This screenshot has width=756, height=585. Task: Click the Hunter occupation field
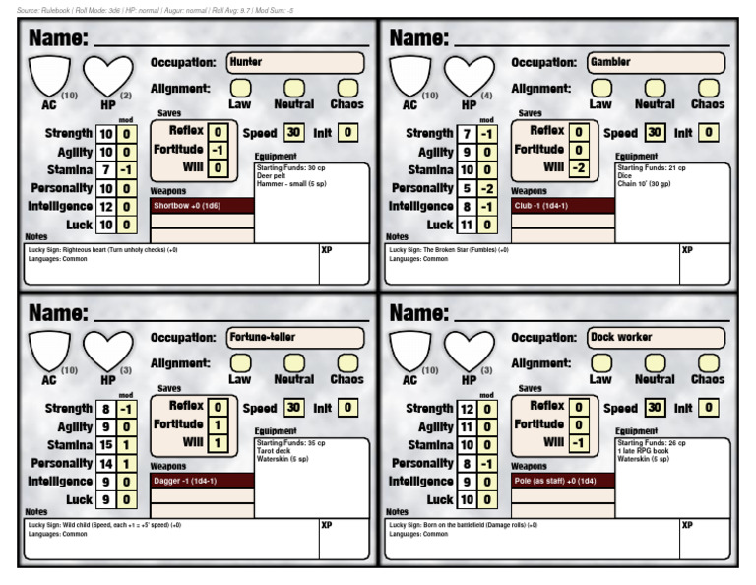(294, 62)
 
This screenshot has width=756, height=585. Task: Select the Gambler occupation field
(656, 62)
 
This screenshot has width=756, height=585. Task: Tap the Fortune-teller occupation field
(294, 337)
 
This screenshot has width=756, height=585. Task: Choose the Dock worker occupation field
(656, 337)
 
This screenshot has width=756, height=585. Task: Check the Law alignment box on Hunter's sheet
(240, 88)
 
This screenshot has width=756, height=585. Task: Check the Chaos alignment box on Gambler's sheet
(708, 88)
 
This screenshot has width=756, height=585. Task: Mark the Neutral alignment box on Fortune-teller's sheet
(294, 362)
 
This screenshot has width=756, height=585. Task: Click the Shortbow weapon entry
(202, 205)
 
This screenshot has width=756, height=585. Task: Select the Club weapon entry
(563, 205)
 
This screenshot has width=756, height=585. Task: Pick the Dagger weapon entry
(202, 481)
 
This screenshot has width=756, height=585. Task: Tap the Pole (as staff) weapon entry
(563, 481)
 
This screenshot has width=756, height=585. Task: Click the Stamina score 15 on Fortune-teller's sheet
(106, 445)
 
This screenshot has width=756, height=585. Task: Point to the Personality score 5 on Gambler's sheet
(468, 188)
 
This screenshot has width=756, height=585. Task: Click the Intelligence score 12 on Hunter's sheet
(106, 207)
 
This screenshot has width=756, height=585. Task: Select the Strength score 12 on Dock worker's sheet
(468, 409)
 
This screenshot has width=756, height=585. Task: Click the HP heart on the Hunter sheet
(107, 75)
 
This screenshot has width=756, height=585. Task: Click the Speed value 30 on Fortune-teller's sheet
(293, 408)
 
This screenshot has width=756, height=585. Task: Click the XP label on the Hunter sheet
(327, 251)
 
